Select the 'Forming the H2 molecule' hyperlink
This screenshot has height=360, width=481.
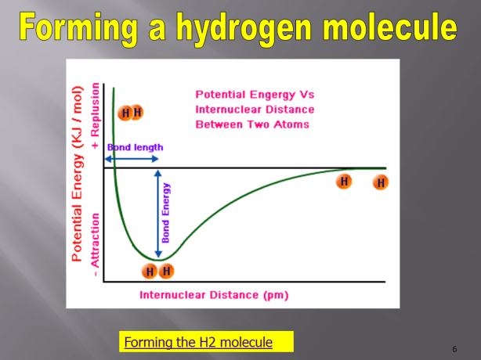tap(198, 342)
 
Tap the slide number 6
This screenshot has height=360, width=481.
tap(454, 347)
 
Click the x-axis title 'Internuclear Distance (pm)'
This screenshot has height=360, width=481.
tap(214, 295)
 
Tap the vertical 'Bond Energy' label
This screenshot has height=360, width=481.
tap(165, 213)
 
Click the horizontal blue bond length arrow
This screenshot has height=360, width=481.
tap(133, 159)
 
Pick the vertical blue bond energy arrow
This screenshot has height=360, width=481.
tap(158, 213)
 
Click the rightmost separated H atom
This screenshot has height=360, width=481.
tap(381, 183)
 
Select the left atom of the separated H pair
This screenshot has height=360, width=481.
tap(343, 182)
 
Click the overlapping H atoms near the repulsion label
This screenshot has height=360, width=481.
tap(130, 113)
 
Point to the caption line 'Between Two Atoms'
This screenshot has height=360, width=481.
tap(251, 124)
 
